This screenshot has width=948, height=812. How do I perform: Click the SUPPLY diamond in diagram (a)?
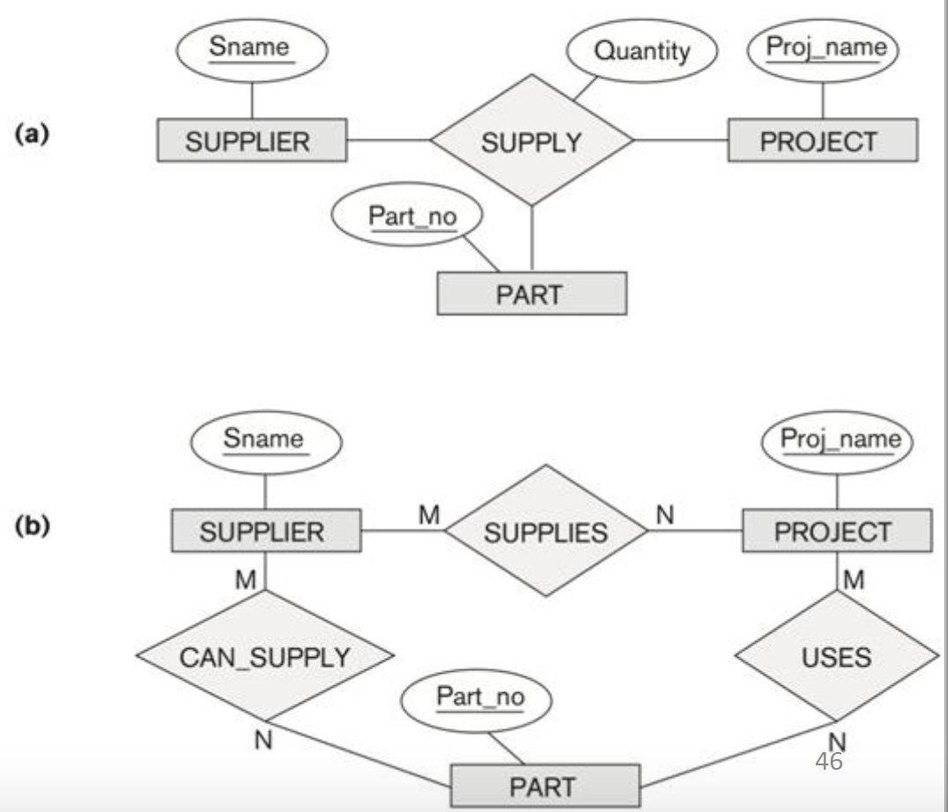pyautogui.click(x=531, y=141)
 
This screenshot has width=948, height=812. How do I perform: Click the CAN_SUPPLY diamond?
pyautogui.click(x=264, y=656)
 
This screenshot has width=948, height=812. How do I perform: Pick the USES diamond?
pyautogui.click(x=838, y=656)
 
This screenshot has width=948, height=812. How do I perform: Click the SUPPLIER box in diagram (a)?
pyautogui.click(x=253, y=141)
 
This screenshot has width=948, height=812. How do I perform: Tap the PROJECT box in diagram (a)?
pyautogui.click(x=823, y=141)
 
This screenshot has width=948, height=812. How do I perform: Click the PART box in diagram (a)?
pyautogui.click(x=532, y=293)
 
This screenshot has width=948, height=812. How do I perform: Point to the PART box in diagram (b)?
pyautogui.click(x=545, y=785)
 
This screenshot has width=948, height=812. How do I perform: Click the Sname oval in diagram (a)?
pyautogui.click(x=252, y=48)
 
